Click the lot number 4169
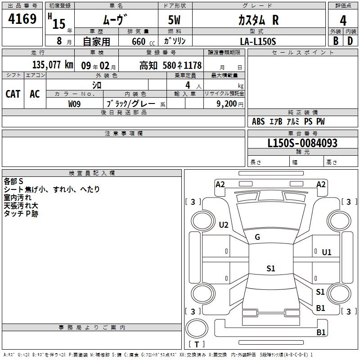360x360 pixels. coord(22,19)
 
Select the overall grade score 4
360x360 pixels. coord(343,21)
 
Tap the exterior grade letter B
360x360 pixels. coord(335,41)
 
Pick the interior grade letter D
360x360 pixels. coord(350,41)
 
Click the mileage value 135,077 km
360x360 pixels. coord(52,65)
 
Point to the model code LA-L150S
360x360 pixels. coord(258,41)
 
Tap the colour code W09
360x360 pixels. coord(75,103)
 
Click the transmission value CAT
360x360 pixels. coord(13,94)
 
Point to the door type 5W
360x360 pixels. coord(175,21)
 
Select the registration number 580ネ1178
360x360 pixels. coord(183,65)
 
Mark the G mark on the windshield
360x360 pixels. coord(257,237)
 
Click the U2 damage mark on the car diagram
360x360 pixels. coord(224,225)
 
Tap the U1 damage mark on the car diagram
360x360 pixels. coord(326,252)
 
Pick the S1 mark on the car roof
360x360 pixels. coord(270,269)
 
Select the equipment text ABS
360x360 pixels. coord(258,121)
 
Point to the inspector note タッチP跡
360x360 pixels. coord(21,214)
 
